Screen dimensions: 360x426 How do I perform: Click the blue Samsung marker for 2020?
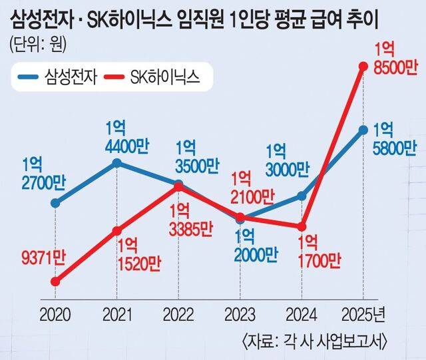point(56,203)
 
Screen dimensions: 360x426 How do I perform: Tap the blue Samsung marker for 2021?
point(117,162)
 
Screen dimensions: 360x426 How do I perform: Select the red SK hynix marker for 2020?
point(56,281)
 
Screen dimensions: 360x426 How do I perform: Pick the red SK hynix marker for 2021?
point(117,231)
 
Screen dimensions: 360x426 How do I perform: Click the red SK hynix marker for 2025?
point(363,66)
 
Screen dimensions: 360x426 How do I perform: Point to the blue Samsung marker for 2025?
point(363,130)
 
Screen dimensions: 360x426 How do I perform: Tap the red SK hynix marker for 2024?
point(302,226)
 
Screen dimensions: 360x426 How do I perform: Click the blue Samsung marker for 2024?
point(302,196)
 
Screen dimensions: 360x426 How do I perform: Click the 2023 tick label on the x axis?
point(240,313)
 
